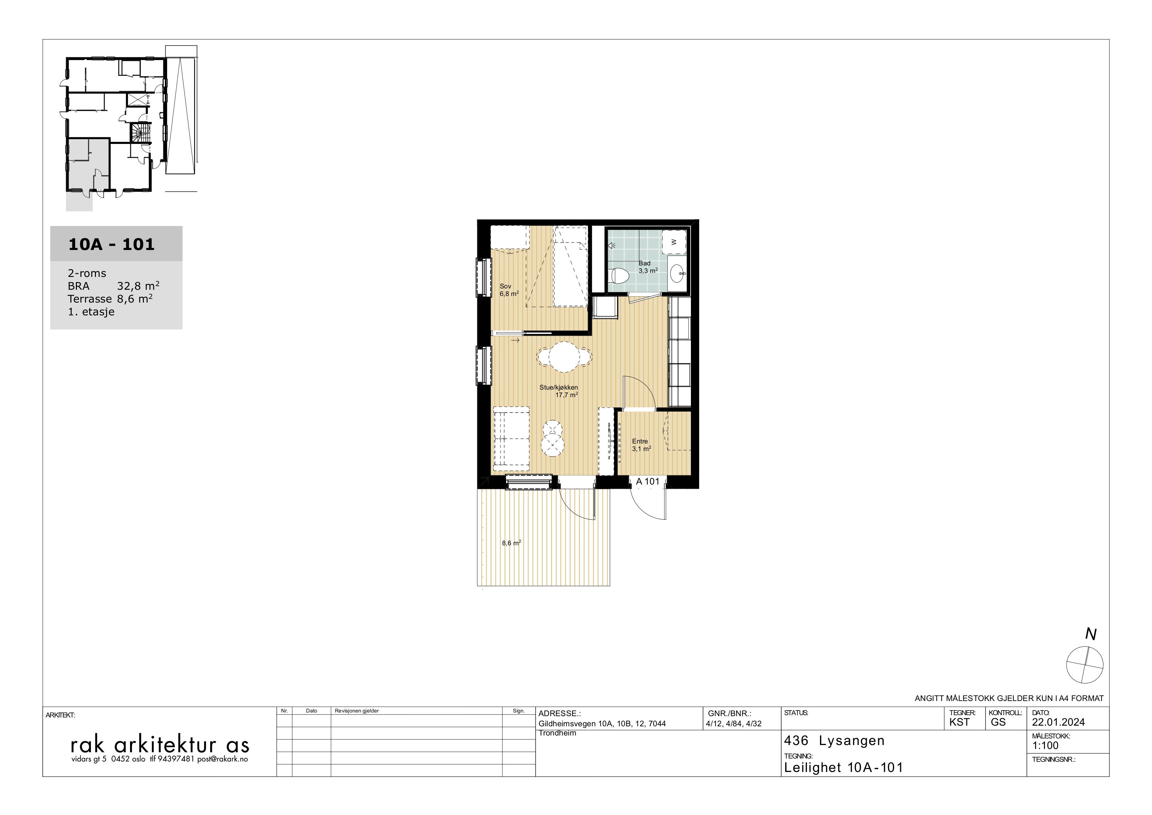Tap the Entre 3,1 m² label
[641, 445]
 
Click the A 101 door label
[648, 481]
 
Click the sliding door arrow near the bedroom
[515, 341]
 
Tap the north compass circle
[1085, 665]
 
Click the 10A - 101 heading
[111, 244]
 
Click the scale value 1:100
[1045, 746]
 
